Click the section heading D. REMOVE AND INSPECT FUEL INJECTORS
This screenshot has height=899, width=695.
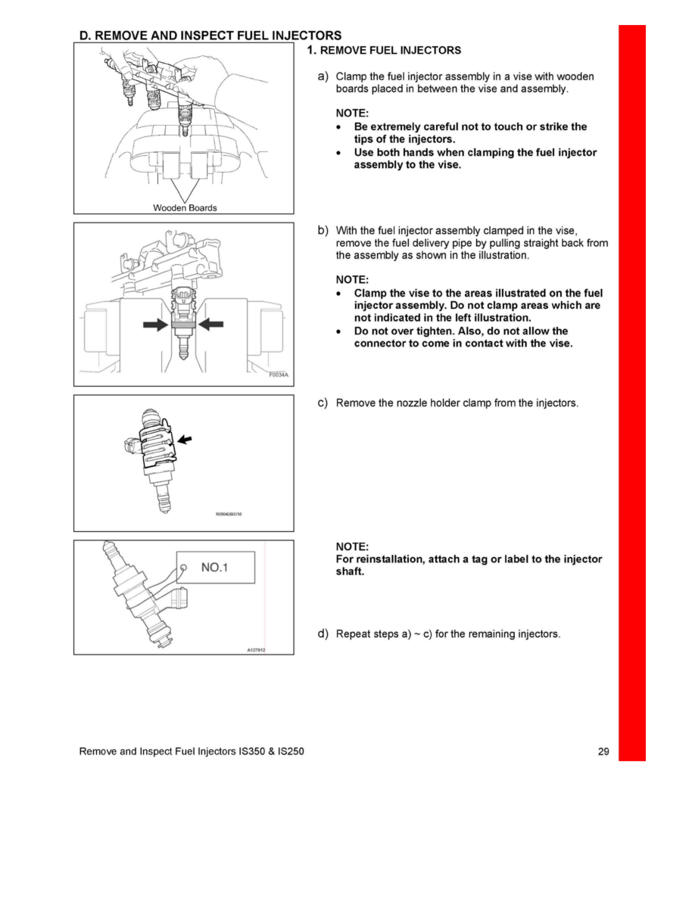tap(210, 36)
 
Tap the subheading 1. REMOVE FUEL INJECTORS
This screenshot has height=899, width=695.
tap(384, 51)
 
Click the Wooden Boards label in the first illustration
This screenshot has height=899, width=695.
tap(185, 208)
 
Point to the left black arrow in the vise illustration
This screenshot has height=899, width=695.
tap(155, 324)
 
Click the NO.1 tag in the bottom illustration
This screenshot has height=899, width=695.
tap(215, 567)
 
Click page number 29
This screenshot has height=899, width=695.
tap(603, 752)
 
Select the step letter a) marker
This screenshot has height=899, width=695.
tap(323, 76)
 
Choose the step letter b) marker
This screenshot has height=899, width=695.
tap(323, 230)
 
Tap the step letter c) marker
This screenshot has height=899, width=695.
tap(323, 403)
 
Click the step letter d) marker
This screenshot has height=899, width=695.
tap(323, 633)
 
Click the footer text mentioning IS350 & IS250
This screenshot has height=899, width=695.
tap(192, 752)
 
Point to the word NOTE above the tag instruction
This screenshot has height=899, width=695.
tap(352, 546)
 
